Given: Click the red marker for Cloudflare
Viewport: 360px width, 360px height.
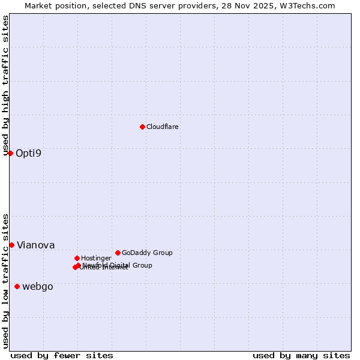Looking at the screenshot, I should coord(142,127).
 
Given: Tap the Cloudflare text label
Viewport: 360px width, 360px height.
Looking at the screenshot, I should coord(163,127).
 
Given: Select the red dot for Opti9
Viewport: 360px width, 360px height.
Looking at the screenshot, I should coord(10,153).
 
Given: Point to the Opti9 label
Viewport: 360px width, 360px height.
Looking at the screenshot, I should coord(29,153).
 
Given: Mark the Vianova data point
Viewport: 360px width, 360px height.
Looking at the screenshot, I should coord(11,245).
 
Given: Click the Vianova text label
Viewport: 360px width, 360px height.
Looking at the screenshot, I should coord(35,245).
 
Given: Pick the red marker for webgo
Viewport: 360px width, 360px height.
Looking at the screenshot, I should coord(17,286).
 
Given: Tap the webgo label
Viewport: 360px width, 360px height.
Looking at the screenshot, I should coord(38,287).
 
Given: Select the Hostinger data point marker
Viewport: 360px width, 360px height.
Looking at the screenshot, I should coord(77,258).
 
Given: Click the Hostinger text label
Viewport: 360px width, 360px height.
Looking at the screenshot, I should coord(96,259).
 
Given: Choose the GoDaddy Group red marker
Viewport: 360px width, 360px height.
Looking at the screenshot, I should coord(118,253).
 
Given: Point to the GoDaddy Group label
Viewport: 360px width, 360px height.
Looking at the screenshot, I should coord(147,253).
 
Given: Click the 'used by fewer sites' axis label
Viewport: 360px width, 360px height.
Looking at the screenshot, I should coord(62,355).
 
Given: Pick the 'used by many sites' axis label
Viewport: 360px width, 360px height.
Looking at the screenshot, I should coord(301,355).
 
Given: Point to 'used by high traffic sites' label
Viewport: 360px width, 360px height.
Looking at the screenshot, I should coord(5,85).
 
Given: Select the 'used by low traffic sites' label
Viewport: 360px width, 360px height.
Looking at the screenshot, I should coord(5,281).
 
